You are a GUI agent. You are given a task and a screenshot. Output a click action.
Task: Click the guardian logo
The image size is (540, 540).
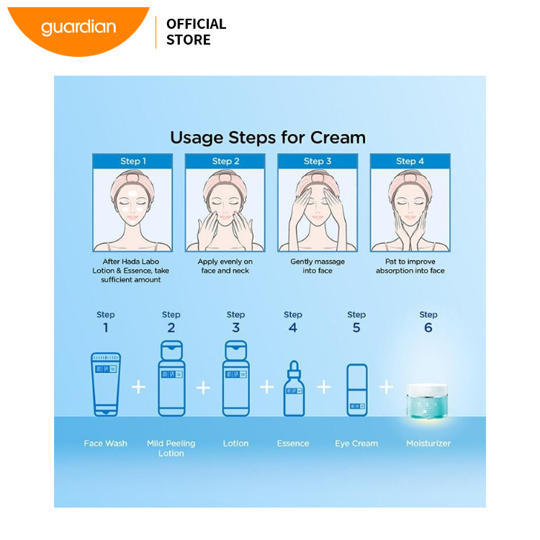pyautogui.click(x=78, y=31)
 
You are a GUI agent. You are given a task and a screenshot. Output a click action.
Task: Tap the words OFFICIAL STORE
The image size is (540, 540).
pyautogui.click(x=197, y=32)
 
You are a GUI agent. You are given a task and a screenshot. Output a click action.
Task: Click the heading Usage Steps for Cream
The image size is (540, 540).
pyautogui.click(x=268, y=138)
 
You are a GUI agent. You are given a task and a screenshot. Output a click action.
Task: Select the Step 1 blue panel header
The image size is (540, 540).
pyautogui.click(x=132, y=161)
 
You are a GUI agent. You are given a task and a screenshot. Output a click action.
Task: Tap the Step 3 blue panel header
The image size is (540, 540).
pyautogui.click(x=318, y=161)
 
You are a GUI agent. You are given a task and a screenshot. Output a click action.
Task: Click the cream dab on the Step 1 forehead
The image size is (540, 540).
pyautogui.click(x=132, y=194)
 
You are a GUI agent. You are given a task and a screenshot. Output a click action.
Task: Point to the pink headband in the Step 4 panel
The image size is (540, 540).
pyautogui.click(x=409, y=181)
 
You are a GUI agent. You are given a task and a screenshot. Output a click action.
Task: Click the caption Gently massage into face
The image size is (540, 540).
pyautogui.click(x=318, y=266)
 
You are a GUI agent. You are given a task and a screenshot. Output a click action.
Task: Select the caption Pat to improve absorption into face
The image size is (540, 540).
pyautogui.click(x=410, y=266)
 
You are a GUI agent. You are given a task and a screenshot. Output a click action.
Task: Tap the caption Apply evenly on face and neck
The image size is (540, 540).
pyautogui.click(x=225, y=266)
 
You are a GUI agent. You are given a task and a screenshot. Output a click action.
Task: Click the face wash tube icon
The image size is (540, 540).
pyautogui.click(x=106, y=384)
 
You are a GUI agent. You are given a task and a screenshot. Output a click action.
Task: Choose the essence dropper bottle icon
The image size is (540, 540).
pyautogui.click(x=294, y=389)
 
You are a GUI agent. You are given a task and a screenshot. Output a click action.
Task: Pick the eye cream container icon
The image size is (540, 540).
pyautogui.click(x=357, y=390)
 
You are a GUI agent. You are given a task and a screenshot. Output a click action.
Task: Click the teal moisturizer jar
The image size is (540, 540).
pyautogui.click(x=427, y=402)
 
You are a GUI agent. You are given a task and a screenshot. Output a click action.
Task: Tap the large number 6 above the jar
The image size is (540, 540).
pyautogui.click(x=428, y=328)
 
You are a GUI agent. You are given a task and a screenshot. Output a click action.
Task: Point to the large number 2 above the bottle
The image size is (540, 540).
pyautogui.click(x=171, y=328)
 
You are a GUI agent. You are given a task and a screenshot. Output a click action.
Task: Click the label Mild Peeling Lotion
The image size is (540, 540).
pyautogui.click(x=171, y=448)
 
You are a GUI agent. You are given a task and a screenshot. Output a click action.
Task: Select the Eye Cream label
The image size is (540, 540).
pyautogui.click(x=356, y=444)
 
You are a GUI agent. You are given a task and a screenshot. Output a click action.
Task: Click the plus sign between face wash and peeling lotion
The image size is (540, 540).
pyautogui.click(x=138, y=387)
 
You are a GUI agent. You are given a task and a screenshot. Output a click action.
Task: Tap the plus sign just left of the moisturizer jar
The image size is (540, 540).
pyautogui.click(x=387, y=387)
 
